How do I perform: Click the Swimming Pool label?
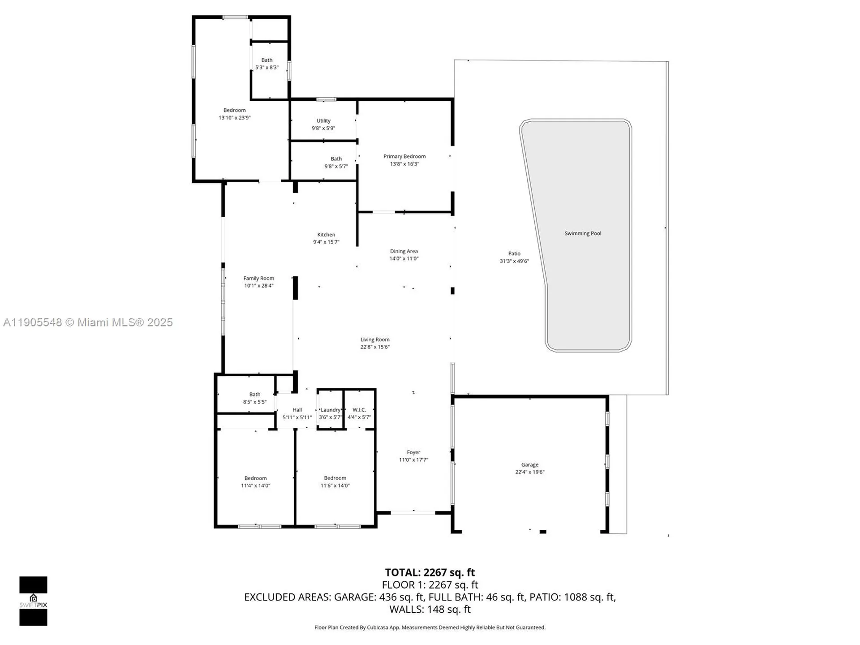coord(583,233)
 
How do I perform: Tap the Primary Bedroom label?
coord(404,156)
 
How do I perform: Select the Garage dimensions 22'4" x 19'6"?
coord(529,472)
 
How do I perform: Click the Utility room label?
coord(323,120)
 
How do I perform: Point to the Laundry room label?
coord(331,410)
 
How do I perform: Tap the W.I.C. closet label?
coord(359,410)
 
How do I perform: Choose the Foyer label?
coord(413,452)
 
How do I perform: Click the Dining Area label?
coord(404,251)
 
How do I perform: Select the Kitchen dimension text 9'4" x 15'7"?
coord(326,242)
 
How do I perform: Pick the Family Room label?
coord(259,278)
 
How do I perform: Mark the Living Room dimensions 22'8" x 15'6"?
coord(375,347)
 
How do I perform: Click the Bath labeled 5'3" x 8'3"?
coord(267,60)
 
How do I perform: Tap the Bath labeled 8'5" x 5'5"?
coord(255,395)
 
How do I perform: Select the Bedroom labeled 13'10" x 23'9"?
coord(235,110)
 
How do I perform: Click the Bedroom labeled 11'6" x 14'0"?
coord(335,478)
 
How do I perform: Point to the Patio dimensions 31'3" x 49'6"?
coord(514,261)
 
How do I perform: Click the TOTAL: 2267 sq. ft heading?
coord(430,572)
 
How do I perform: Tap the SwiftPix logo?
coord(33,601)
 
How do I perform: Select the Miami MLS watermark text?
coord(88,322)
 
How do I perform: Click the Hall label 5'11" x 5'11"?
coord(297,410)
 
